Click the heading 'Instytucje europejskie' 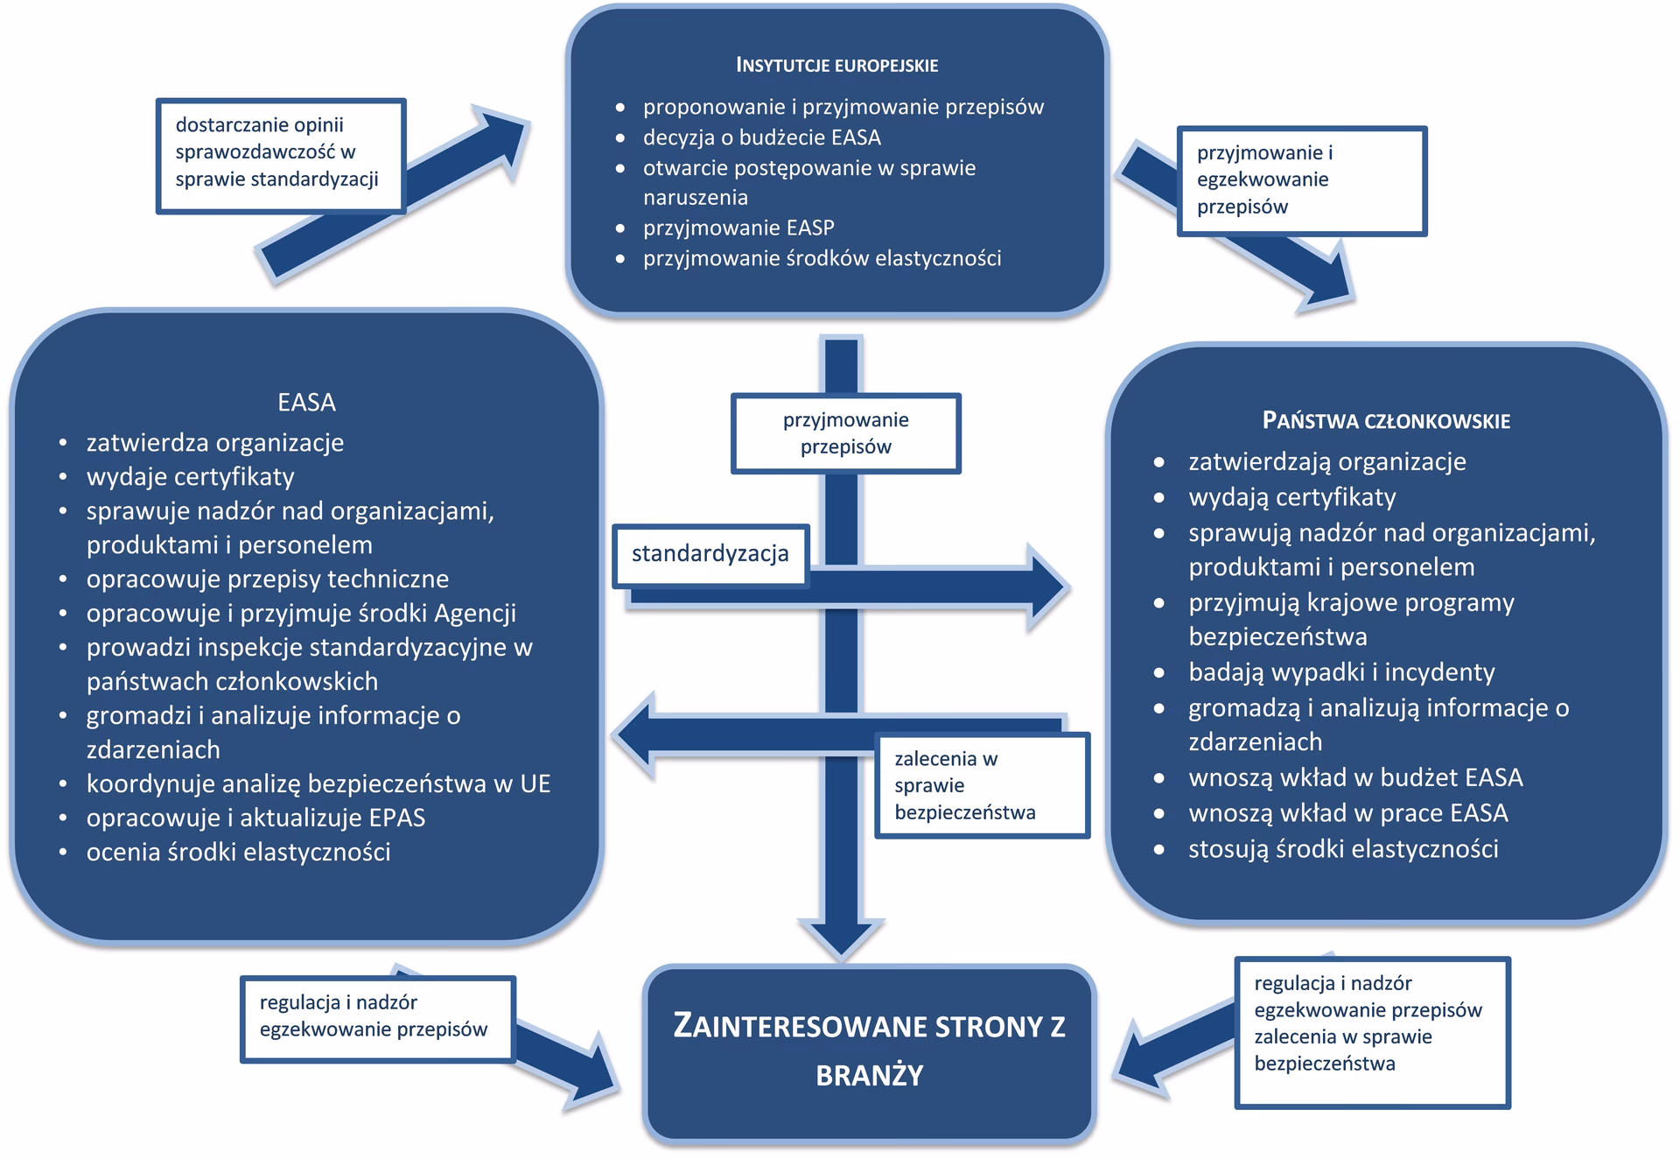[x=836, y=66]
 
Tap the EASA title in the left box [x=306, y=402]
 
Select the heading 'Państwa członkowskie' [x=1386, y=421]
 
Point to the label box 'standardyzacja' [x=710, y=554]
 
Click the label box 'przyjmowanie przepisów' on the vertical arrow [x=845, y=433]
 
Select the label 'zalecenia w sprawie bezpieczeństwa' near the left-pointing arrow [x=982, y=785]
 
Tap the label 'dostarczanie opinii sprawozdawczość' [x=280, y=153]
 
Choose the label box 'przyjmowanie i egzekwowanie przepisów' [x=1301, y=180]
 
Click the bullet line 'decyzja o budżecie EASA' [x=761, y=137]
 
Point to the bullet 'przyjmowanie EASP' [x=738, y=228]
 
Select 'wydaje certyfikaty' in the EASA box [x=190, y=477]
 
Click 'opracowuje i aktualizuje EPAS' [x=255, y=818]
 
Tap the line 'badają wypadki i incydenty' [x=1340, y=672]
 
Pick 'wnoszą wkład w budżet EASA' [x=1354, y=777]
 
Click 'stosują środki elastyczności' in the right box [x=1342, y=849]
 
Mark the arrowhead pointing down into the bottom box [x=842, y=940]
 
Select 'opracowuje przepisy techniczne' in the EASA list [x=267, y=579]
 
